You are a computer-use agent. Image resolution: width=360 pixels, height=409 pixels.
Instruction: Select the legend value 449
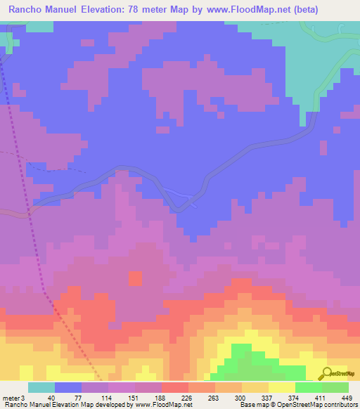[347, 397]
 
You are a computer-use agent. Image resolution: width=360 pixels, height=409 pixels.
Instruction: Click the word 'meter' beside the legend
[10, 397]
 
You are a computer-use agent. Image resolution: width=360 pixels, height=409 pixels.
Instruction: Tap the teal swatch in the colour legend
[41, 387]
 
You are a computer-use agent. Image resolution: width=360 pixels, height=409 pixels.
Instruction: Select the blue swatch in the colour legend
[67, 387]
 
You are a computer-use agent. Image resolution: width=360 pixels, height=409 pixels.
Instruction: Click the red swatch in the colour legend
[174, 387]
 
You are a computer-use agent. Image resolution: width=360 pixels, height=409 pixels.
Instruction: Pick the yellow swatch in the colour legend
[281, 387]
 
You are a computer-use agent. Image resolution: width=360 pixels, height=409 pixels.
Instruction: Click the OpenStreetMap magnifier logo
[326, 373]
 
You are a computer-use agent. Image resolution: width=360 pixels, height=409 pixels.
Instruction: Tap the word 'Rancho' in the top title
[28, 10]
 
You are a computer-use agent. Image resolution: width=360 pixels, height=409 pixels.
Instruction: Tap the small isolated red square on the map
[135, 278]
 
